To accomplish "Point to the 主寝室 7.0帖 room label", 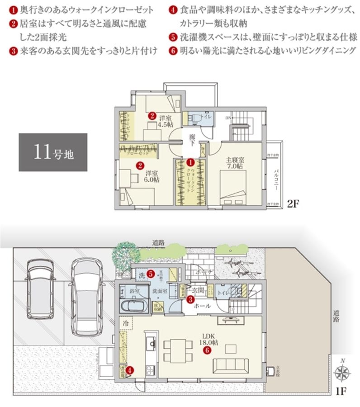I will click(235, 163).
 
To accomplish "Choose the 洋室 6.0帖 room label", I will click(151, 175).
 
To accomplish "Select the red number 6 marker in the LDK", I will click(207, 350).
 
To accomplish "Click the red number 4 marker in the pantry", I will click(130, 370).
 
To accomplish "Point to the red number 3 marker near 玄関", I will click(191, 299).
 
